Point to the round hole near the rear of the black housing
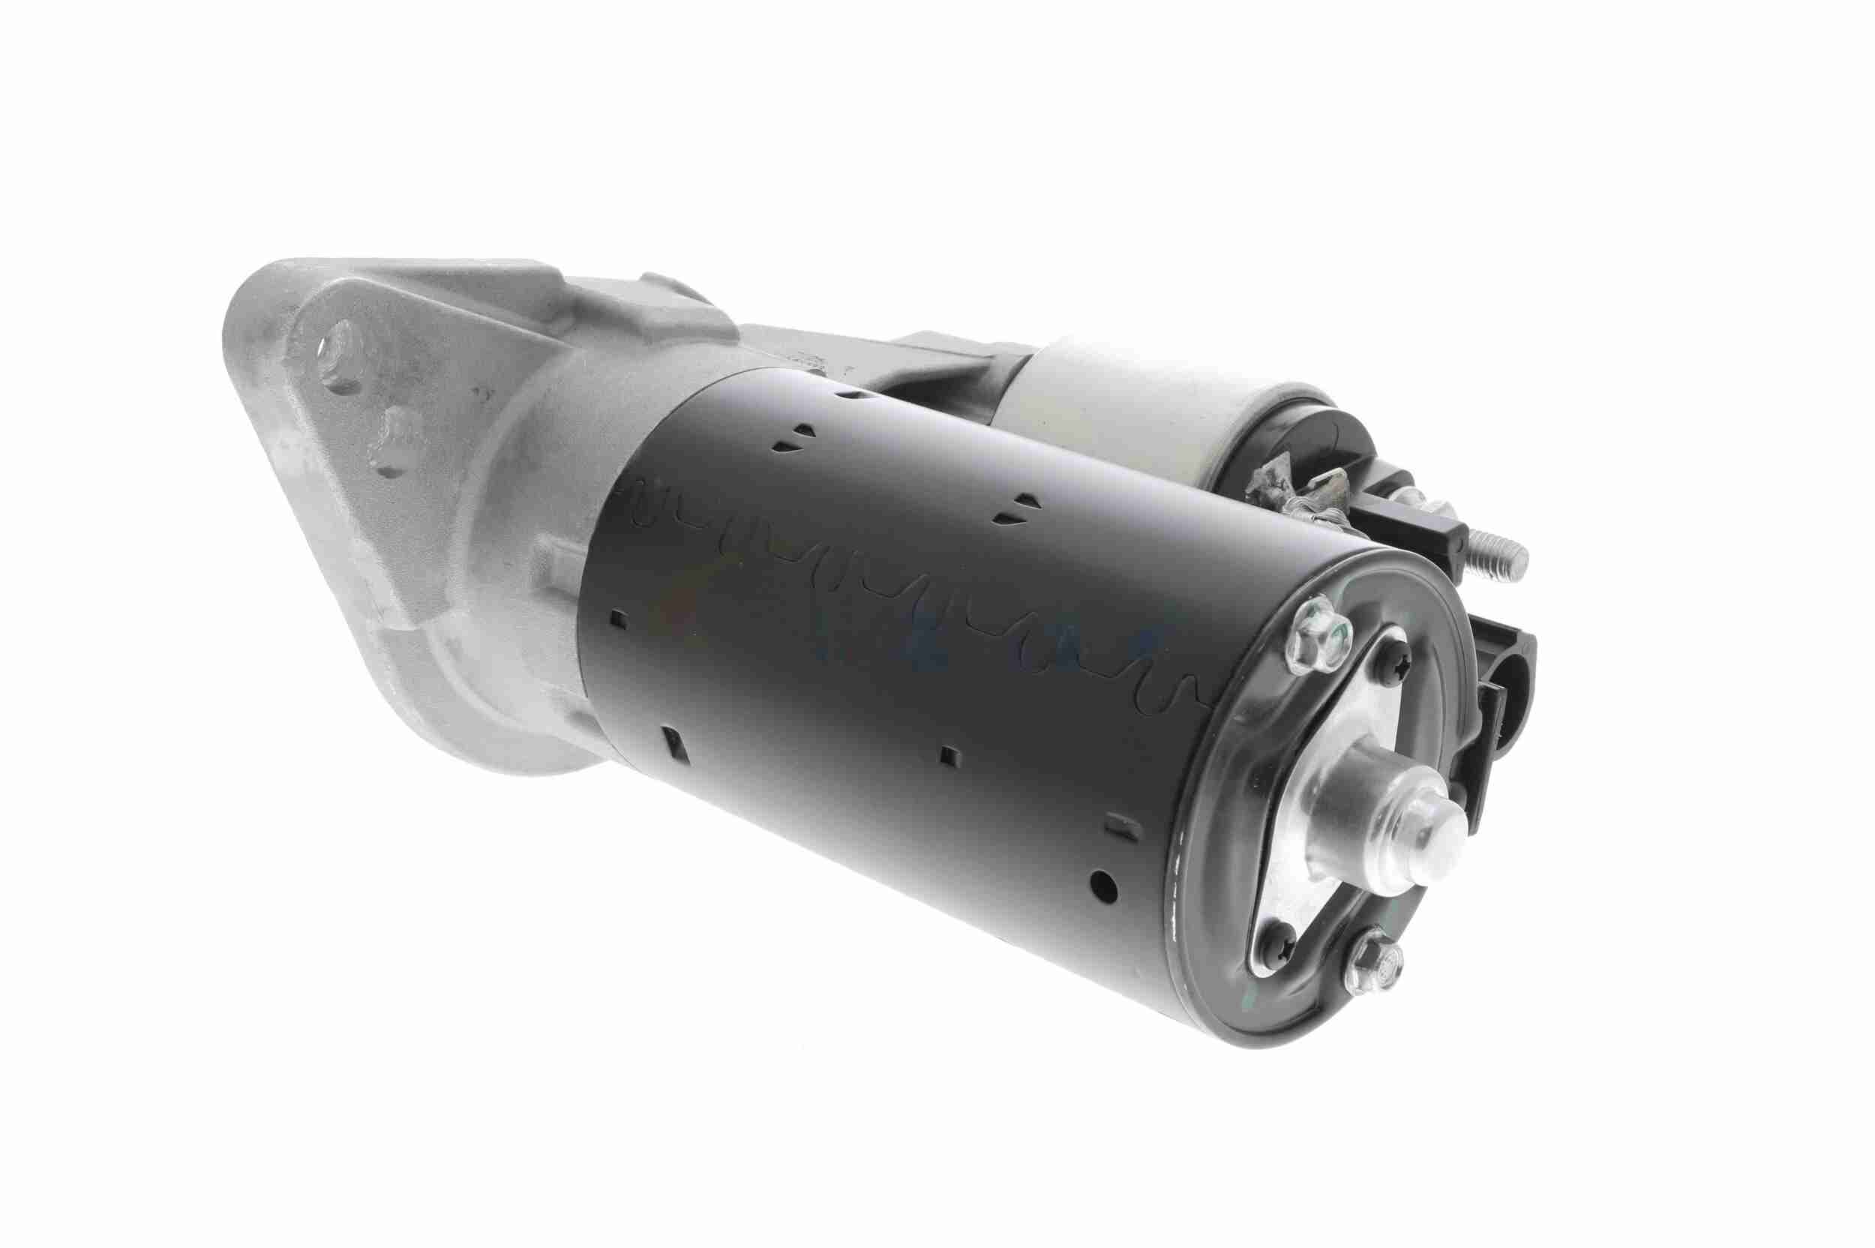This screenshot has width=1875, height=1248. [1099, 883]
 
